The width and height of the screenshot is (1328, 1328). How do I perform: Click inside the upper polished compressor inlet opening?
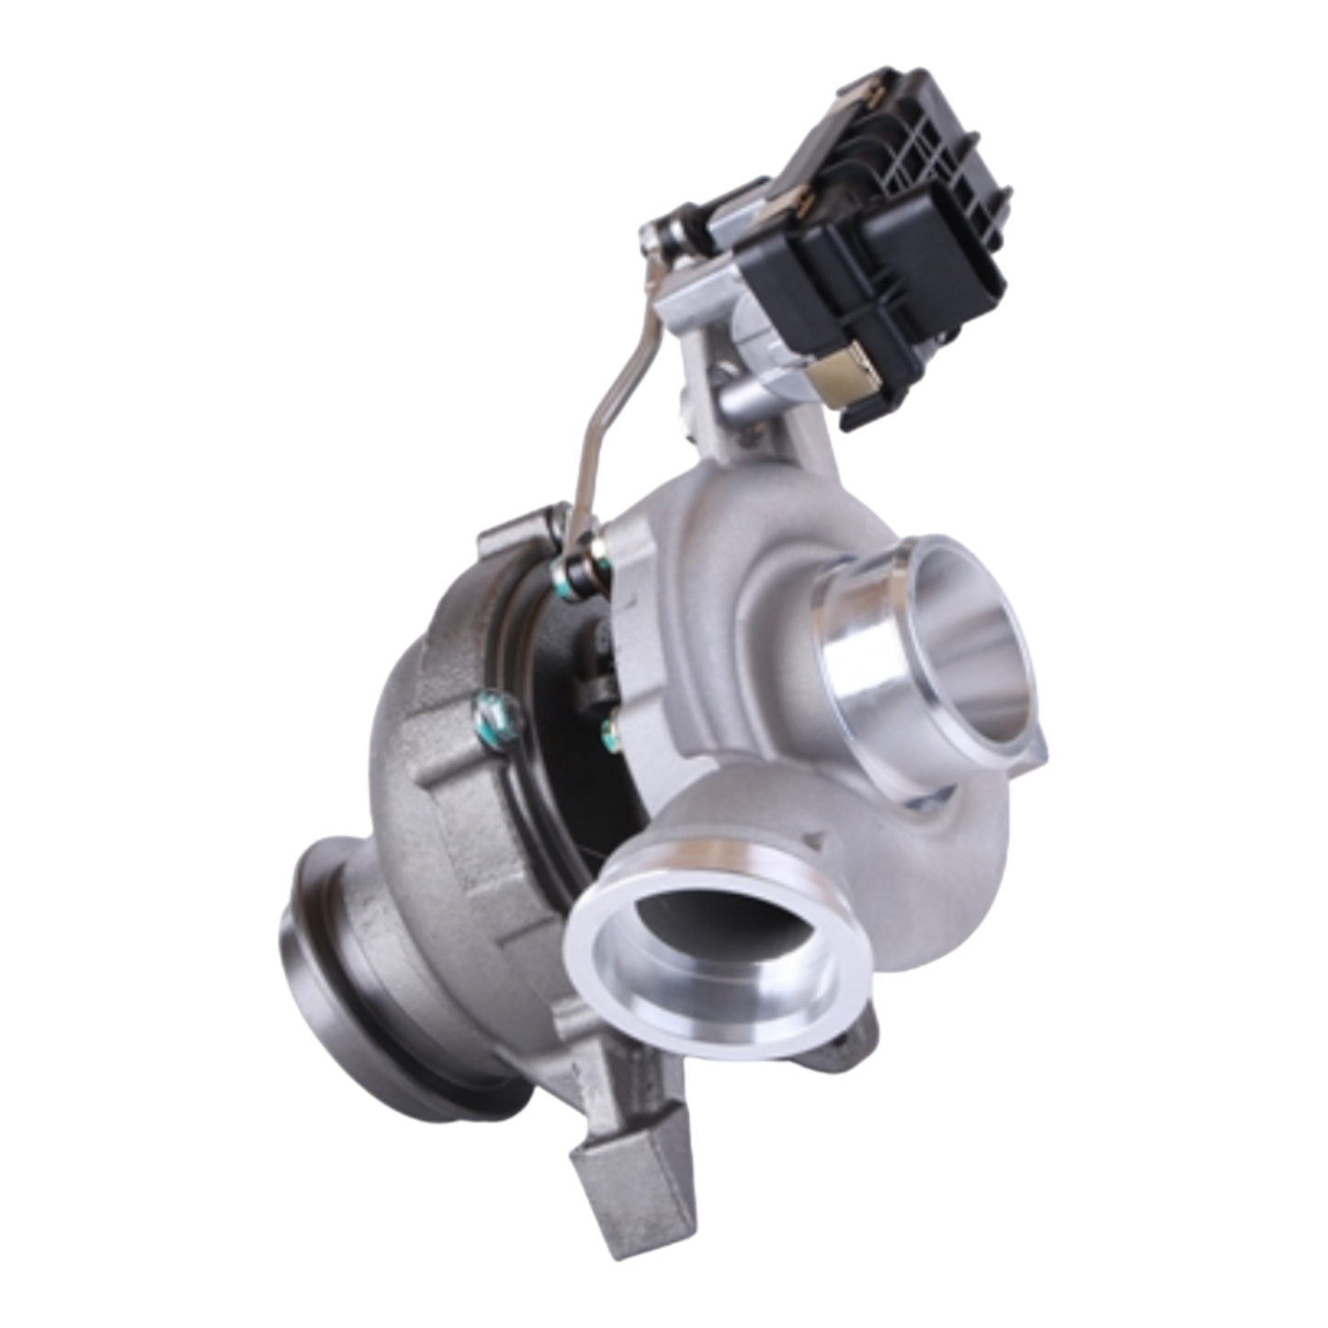(x=956, y=653)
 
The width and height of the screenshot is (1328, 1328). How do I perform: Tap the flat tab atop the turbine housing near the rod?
(x=515, y=533)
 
